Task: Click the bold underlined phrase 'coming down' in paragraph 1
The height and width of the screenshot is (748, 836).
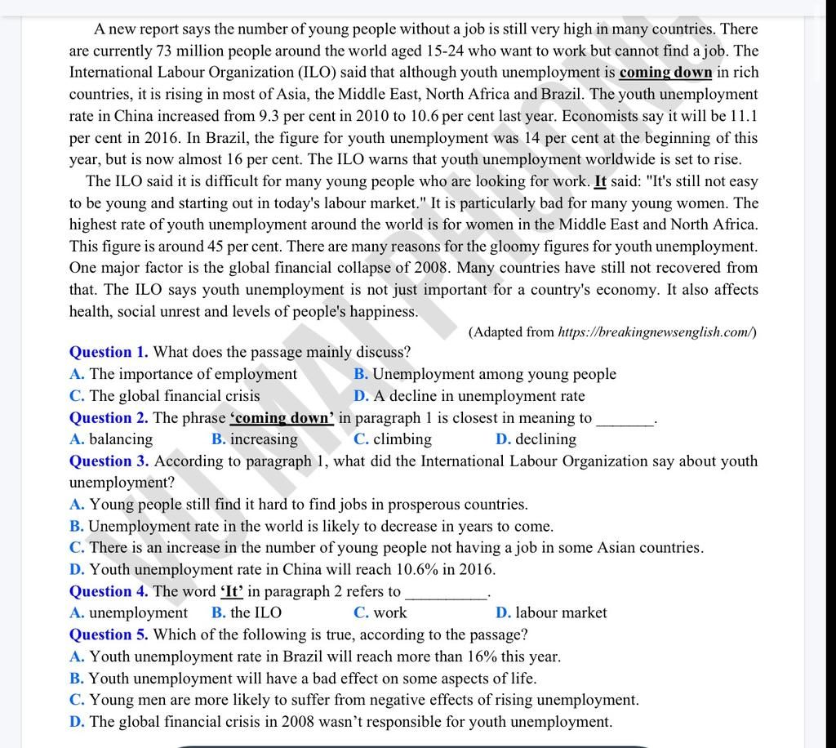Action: pos(665,73)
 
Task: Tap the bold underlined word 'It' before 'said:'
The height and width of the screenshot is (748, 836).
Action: pos(600,181)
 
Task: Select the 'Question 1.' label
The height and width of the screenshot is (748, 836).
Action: pos(109,352)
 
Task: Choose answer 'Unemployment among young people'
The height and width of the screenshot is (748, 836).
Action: pos(494,374)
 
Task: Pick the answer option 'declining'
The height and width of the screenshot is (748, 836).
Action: pos(545,439)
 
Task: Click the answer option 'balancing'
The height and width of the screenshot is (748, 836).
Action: pos(120,439)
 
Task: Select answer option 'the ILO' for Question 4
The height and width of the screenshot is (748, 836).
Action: pos(256,612)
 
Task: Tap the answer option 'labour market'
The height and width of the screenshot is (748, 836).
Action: pos(561,612)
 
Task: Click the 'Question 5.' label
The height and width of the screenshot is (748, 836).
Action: pos(109,634)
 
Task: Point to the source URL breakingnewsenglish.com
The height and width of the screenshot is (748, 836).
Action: pos(656,332)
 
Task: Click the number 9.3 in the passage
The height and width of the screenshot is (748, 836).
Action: pos(269,116)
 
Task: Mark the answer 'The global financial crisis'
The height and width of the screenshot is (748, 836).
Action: pos(174,396)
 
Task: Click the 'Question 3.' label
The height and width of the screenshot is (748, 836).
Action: pos(109,461)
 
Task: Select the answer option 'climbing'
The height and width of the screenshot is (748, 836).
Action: pos(402,439)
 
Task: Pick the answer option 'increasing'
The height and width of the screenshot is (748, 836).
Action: pos(264,439)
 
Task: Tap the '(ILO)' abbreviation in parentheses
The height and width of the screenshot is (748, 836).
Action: pos(313,73)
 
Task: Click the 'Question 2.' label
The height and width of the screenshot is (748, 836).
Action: pos(109,417)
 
